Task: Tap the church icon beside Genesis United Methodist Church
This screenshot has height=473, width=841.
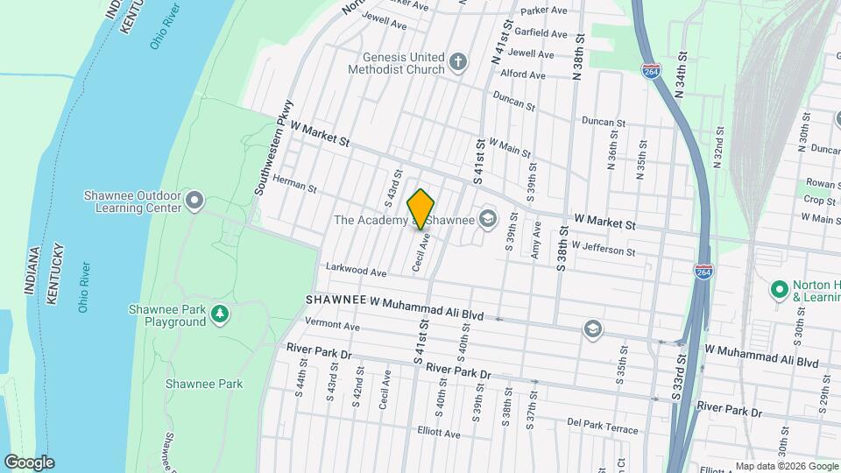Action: tap(458, 61)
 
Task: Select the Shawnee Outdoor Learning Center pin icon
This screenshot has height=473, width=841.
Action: tap(194, 202)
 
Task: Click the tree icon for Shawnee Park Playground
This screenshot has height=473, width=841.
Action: tap(219, 314)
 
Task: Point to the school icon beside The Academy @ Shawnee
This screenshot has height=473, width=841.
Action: tap(488, 218)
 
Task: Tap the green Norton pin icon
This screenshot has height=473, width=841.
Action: tap(778, 288)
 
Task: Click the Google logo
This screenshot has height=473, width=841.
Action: tap(29, 462)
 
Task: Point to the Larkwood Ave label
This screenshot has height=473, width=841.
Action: tap(356, 272)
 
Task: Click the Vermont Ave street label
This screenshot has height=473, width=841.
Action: tap(332, 327)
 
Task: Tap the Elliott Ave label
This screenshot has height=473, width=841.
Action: tap(438, 433)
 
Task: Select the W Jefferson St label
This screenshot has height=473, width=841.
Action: tap(604, 251)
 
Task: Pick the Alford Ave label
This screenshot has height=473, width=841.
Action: tap(523, 75)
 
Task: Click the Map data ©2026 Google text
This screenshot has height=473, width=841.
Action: tap(786, 466)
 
